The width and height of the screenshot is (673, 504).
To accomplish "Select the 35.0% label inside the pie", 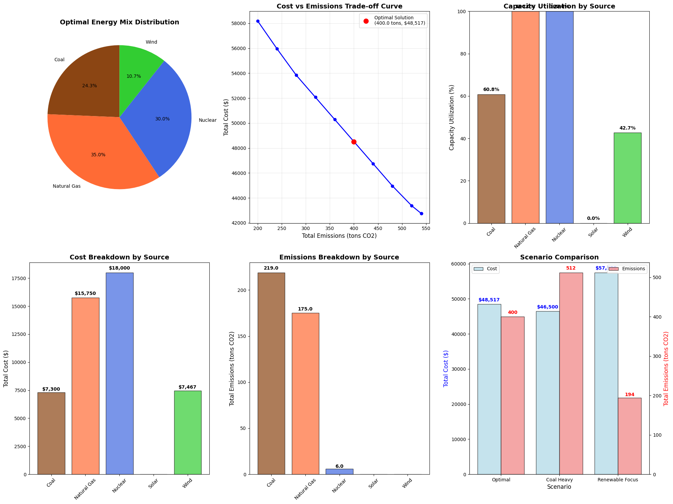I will pos(98,155).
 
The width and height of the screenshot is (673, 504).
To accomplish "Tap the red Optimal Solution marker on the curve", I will pos(354,142).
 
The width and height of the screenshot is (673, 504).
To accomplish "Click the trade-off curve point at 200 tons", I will pos(258,21).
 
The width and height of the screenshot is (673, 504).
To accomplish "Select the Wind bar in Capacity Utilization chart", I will pos(627,178).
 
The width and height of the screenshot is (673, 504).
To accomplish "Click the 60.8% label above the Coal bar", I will pos(491,90).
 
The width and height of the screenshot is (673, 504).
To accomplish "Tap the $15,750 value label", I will pos(85,294).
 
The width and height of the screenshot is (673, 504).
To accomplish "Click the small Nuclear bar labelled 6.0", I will pos(339,472).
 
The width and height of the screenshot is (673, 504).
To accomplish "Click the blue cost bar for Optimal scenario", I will pos(489,389).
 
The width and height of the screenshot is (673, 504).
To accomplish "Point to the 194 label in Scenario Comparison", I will pos(629,395).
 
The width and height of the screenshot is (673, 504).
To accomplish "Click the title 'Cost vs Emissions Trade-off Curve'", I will pos(339,6).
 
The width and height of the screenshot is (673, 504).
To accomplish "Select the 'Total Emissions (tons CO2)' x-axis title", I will pos(339,236).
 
